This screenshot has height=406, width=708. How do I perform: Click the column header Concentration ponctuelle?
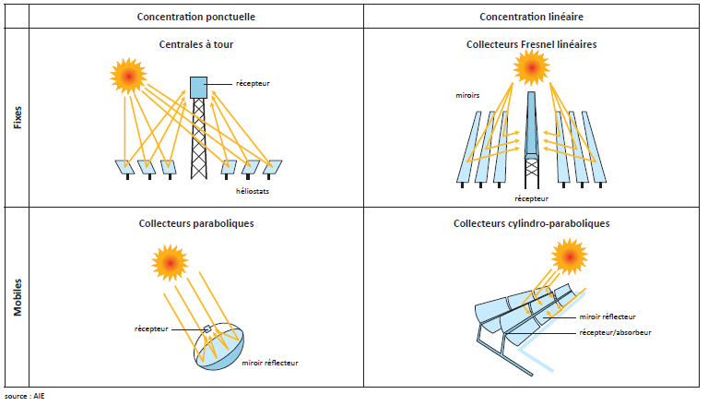tap(196, 18)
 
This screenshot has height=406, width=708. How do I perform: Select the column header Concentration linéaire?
tap(532, 18)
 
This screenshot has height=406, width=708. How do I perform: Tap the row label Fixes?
tap(18, 117)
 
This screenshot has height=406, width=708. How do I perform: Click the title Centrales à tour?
tap(195, 43)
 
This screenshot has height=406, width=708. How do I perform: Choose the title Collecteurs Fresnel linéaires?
tap(531, 43)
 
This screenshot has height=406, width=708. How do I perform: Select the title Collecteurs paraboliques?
tap(195, 223)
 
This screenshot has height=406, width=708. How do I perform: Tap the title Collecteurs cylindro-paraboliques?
tap(531, 223)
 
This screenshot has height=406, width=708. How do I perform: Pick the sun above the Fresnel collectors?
tap(531, 66)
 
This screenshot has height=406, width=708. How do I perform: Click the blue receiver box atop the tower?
tap(198, 87)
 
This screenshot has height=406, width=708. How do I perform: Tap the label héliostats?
tap(251, 191)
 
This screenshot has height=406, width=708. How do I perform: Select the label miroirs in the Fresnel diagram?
tap(466, 95)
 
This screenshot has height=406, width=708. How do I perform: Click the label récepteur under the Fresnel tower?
tap(531, 198)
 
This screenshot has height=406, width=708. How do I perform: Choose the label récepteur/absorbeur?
tap(615, 332)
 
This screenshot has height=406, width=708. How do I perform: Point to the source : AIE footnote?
tap(24, 396)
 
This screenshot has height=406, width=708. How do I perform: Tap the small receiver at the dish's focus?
tap(207, 329)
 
